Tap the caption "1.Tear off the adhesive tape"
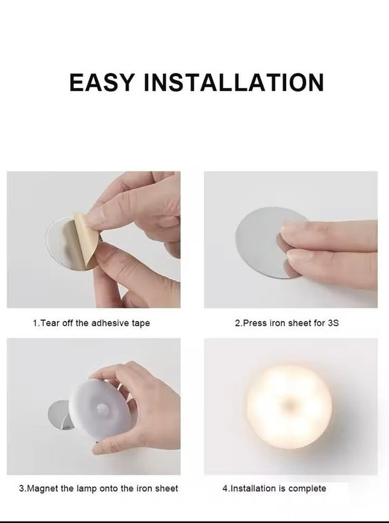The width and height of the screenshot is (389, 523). point(91,323)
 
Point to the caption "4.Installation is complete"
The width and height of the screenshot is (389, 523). point(274,488)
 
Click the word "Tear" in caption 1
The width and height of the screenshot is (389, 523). point(51,323)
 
